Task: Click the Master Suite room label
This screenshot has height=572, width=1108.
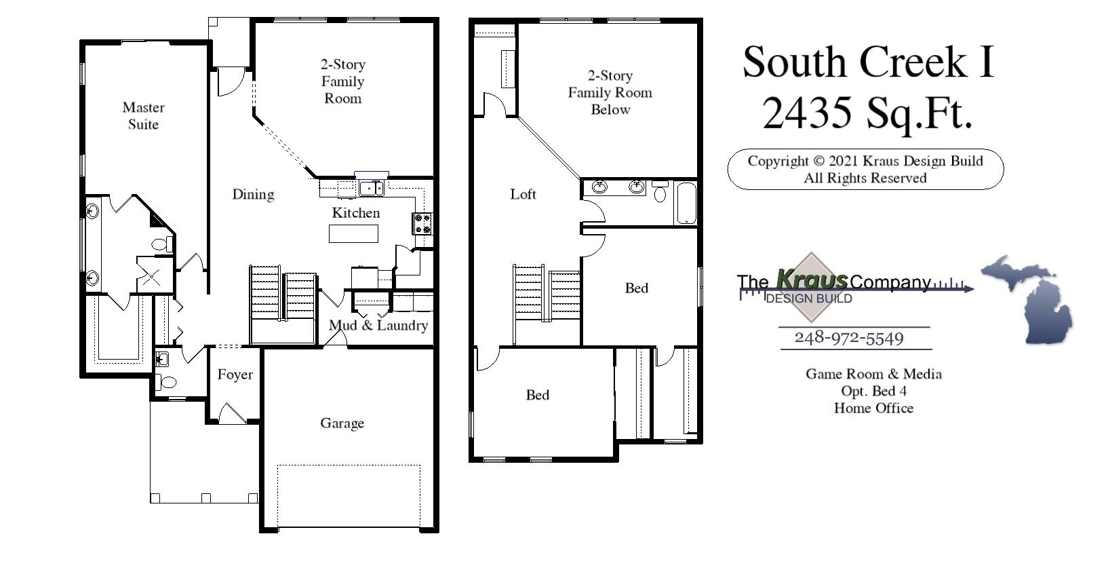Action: [143, 116]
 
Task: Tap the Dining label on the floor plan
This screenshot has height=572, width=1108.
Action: [253, 195]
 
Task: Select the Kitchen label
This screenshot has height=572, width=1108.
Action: [355, 213]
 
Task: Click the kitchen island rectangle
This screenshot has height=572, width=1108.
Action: [353, 233]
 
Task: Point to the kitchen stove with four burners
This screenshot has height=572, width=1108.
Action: [422, 224]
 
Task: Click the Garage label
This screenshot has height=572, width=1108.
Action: [342, 423]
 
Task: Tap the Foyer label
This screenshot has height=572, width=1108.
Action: [235, 375]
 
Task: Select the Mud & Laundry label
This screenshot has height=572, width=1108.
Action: [378, 326]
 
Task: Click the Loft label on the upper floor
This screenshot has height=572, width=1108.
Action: [523, 195]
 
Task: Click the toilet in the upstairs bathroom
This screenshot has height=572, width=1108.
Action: [660, 192]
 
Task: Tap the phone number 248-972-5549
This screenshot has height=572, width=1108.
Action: [848, 338]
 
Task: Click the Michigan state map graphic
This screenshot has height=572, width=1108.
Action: [1027, 299]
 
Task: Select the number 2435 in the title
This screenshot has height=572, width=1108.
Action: [806, 113]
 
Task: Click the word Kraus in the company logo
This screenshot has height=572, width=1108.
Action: [811, 280]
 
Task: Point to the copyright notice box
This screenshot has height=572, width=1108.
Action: [865, 170]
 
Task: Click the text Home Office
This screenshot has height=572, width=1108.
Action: [873, 408]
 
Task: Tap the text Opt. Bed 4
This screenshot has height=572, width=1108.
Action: [873, 392]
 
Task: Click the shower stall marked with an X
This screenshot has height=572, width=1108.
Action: [152, 276]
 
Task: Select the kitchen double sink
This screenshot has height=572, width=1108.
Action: [371, 188]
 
